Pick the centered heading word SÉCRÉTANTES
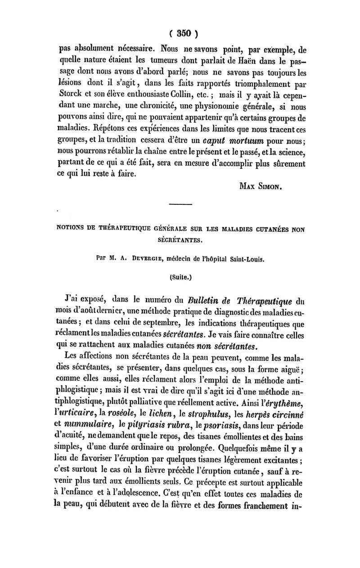click(180, 241)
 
